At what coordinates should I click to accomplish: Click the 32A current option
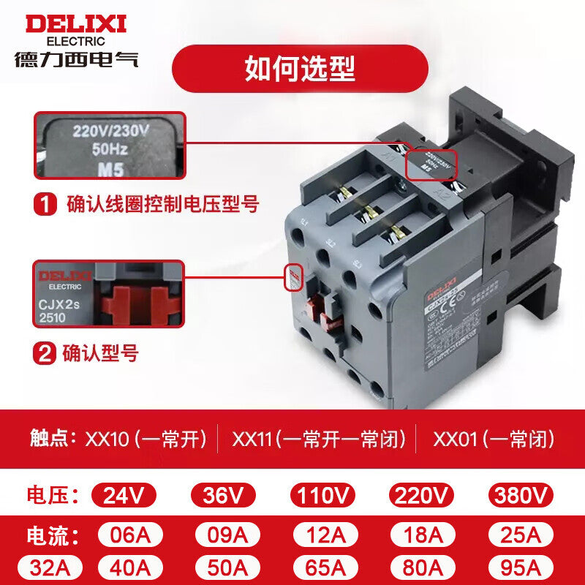coord(49,567)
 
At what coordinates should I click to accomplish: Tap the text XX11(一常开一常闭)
coord(318,439)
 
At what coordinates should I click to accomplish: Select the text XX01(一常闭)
coord(494,439)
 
